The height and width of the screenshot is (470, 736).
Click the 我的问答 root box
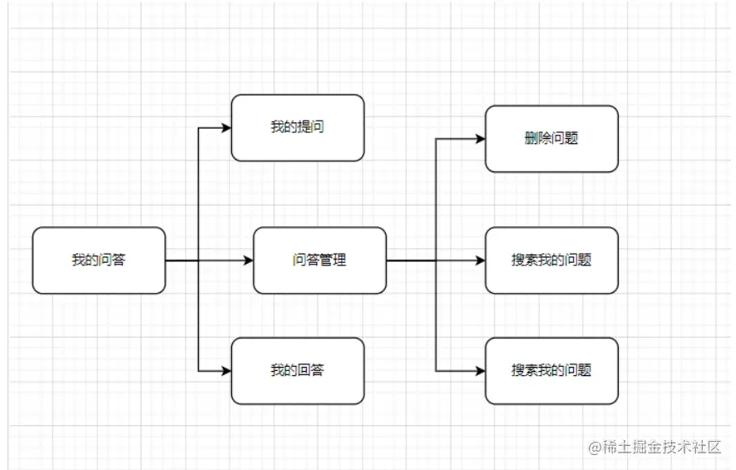click(99, 260)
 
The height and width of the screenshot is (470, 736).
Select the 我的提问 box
click(298, 127)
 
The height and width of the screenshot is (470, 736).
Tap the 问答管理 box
click(319, 260)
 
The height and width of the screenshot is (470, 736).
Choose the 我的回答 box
click(298, 370)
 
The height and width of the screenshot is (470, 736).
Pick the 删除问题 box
click(551, 139)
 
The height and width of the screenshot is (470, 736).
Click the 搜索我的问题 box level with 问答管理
click(551, 260)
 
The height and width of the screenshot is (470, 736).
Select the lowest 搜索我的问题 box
click(551, 370)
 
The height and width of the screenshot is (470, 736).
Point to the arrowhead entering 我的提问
click(225, 127)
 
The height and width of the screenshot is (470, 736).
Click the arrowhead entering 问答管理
click(248, 260)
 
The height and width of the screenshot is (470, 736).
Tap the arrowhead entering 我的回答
click(225, 370)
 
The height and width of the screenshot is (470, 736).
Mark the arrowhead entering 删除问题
click(480, 139)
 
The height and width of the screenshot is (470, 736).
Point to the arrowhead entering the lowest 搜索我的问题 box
click(480, 370)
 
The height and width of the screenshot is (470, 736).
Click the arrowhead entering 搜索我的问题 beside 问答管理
click(480, 260)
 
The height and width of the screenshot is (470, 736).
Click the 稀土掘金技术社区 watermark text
click(661, 447)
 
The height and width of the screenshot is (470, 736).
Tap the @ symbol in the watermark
click(595, 448)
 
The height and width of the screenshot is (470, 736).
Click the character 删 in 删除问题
click(531, 139)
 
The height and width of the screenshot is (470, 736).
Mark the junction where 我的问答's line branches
click(199, 260)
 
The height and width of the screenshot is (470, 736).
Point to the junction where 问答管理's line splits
click(437, 260)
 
